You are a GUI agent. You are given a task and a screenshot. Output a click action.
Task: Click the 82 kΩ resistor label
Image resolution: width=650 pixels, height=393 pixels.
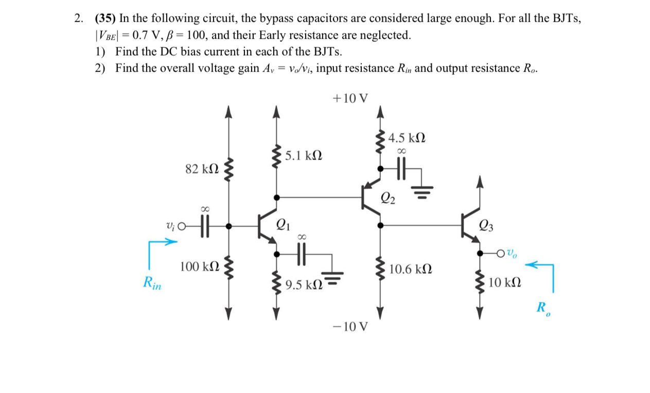click(201, 169)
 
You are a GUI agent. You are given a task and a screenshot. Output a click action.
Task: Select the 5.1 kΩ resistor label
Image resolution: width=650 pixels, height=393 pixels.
click(304, 155)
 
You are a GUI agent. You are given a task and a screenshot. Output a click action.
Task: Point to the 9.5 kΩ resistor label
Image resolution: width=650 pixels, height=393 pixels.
click(304, 284)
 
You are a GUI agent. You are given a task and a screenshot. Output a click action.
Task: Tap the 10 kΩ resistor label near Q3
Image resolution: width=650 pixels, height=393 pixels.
click(504, 282)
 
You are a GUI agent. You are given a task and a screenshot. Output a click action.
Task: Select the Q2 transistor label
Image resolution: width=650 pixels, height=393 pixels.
click(389, 198)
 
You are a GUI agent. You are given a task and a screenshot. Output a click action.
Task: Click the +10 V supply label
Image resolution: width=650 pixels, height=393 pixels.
click(351, 98)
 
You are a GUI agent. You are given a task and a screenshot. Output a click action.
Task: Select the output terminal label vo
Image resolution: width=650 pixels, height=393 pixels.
click(513, 253)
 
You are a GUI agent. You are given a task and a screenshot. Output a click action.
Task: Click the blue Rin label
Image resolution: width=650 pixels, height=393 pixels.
click(152, 282)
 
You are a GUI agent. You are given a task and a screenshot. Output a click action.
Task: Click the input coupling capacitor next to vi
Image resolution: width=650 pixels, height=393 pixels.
click(204, 225)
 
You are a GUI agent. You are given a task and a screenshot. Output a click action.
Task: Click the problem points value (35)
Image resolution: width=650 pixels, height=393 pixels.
click(106, 19)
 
